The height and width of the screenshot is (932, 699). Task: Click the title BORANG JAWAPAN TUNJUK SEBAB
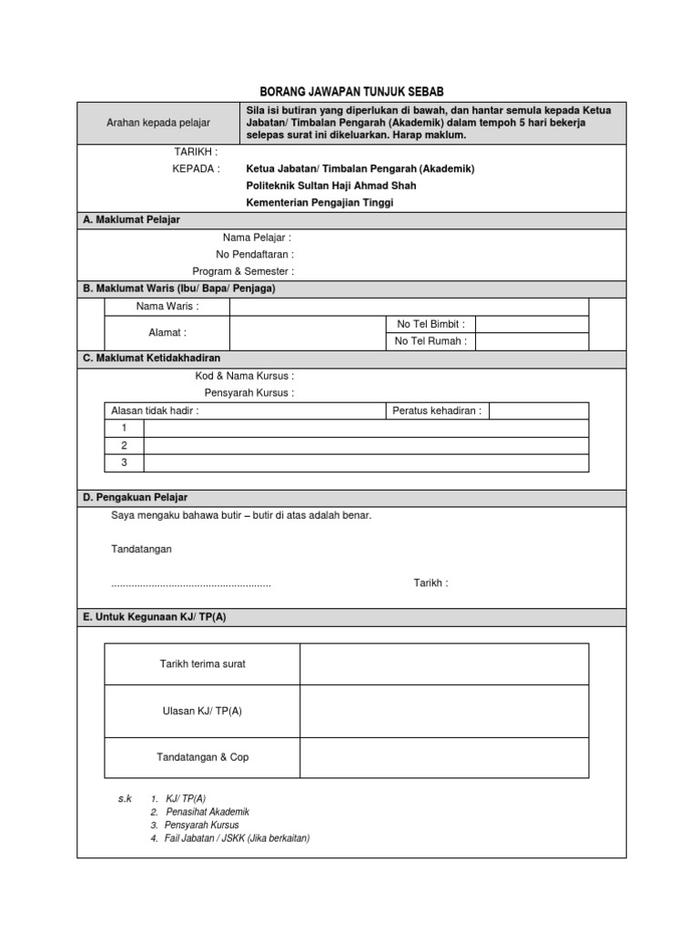pos(351,93)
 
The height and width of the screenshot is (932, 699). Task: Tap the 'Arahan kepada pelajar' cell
pos(158,123)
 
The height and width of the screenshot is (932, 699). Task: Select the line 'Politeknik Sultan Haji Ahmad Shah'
pos(331,186)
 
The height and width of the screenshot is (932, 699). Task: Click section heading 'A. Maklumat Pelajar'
pos(132,220)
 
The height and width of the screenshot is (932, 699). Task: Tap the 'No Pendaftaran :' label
pos(254,255)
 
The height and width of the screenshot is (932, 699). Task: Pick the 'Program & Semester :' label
pos(243,271)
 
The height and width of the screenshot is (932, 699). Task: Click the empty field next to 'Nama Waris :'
pos(409,307)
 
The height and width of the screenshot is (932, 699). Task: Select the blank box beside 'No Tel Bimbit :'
pos(532,324)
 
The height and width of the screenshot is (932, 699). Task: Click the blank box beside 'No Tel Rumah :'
pos(532,341)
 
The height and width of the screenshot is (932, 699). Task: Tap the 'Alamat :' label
pos(167,333)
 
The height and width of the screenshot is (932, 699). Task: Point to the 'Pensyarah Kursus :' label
pos(248,393)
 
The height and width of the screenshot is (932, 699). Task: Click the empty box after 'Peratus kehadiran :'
pos(539,411)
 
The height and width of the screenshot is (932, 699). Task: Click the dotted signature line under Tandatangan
pos(191,583)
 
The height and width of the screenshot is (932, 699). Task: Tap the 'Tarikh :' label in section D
pos(431,583)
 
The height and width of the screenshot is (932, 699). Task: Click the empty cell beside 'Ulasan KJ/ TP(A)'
pos(444,711)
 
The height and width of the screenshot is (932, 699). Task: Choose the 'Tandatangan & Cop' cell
pos(202,757)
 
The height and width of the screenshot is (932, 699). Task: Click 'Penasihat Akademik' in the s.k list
pos(208,812)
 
